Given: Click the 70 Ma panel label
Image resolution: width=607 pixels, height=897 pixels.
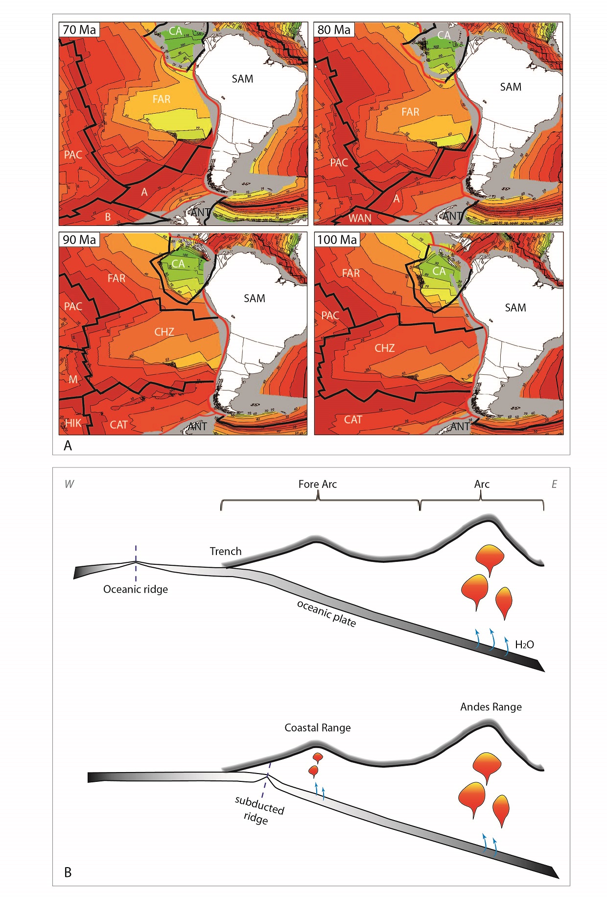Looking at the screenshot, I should (79, 30).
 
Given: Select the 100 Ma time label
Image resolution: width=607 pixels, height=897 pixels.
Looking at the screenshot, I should (337, 240).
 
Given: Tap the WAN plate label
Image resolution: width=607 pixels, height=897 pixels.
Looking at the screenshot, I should (360, 218).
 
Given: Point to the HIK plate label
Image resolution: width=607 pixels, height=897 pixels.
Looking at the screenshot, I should (73, 423).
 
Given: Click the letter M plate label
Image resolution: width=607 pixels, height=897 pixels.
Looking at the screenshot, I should (73, 379).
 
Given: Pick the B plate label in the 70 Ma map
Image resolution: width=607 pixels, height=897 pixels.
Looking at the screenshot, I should (108, 217).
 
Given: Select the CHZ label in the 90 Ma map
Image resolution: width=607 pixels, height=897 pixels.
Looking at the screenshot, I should (164, 332).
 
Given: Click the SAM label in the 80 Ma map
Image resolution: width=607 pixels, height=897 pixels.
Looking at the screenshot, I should (511, 87).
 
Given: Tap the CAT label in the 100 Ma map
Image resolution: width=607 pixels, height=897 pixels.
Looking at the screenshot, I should (352, 420).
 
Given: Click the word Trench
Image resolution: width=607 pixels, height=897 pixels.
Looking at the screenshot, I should (226, 551).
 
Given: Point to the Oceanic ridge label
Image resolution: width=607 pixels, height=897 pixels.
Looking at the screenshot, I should (136, 589).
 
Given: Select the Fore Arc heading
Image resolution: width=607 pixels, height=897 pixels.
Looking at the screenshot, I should (318, 484).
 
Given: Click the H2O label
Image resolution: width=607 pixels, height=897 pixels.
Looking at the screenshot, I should (524, 645).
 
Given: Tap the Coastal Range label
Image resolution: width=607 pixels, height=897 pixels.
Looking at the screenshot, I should (318, 728).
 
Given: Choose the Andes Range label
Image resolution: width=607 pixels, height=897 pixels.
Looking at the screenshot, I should (491, 707).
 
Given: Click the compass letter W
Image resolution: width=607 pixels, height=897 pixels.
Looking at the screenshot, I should (69, 484).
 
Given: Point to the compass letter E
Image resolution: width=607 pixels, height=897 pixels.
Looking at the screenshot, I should (554, 484).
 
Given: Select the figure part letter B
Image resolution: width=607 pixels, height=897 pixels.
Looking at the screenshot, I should (68, 872).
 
